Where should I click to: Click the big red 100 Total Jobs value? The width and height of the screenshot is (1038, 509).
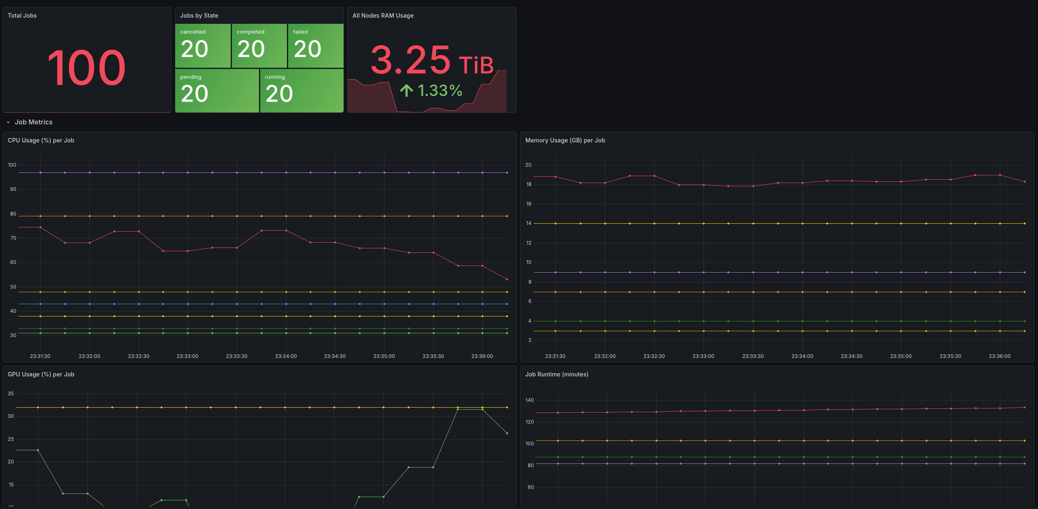(87, 68)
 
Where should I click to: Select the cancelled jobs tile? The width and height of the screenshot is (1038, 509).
(203, 46)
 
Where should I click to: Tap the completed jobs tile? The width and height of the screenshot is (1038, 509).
(259, 46)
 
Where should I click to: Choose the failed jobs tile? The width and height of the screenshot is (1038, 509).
(315, 46)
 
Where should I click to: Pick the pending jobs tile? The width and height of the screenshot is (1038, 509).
(217, 91)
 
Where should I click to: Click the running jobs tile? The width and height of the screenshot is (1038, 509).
(302, 91)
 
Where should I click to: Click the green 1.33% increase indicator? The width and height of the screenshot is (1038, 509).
(432, 91)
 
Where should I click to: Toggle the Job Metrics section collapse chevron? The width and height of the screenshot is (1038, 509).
(8, 122)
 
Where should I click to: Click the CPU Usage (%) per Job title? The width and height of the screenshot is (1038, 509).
(41, 140)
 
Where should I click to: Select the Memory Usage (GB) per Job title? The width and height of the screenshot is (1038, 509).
(565, 140)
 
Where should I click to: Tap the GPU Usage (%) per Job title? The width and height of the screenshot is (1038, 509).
(41, 374)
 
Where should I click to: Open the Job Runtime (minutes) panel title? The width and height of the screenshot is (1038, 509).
(557, 374)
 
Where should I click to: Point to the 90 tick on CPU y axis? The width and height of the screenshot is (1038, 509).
(13, 189)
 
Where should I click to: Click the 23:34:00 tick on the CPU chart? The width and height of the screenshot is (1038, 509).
(286, 356)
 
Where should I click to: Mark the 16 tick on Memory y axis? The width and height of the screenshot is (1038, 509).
(529, 204)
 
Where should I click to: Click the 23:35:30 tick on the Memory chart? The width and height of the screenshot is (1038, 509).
(950, 356)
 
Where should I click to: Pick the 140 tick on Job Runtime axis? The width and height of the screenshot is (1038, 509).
(529, 400)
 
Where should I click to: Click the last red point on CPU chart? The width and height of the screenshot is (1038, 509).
(507, 280)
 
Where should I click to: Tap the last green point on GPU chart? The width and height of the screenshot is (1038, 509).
(507, 433)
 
